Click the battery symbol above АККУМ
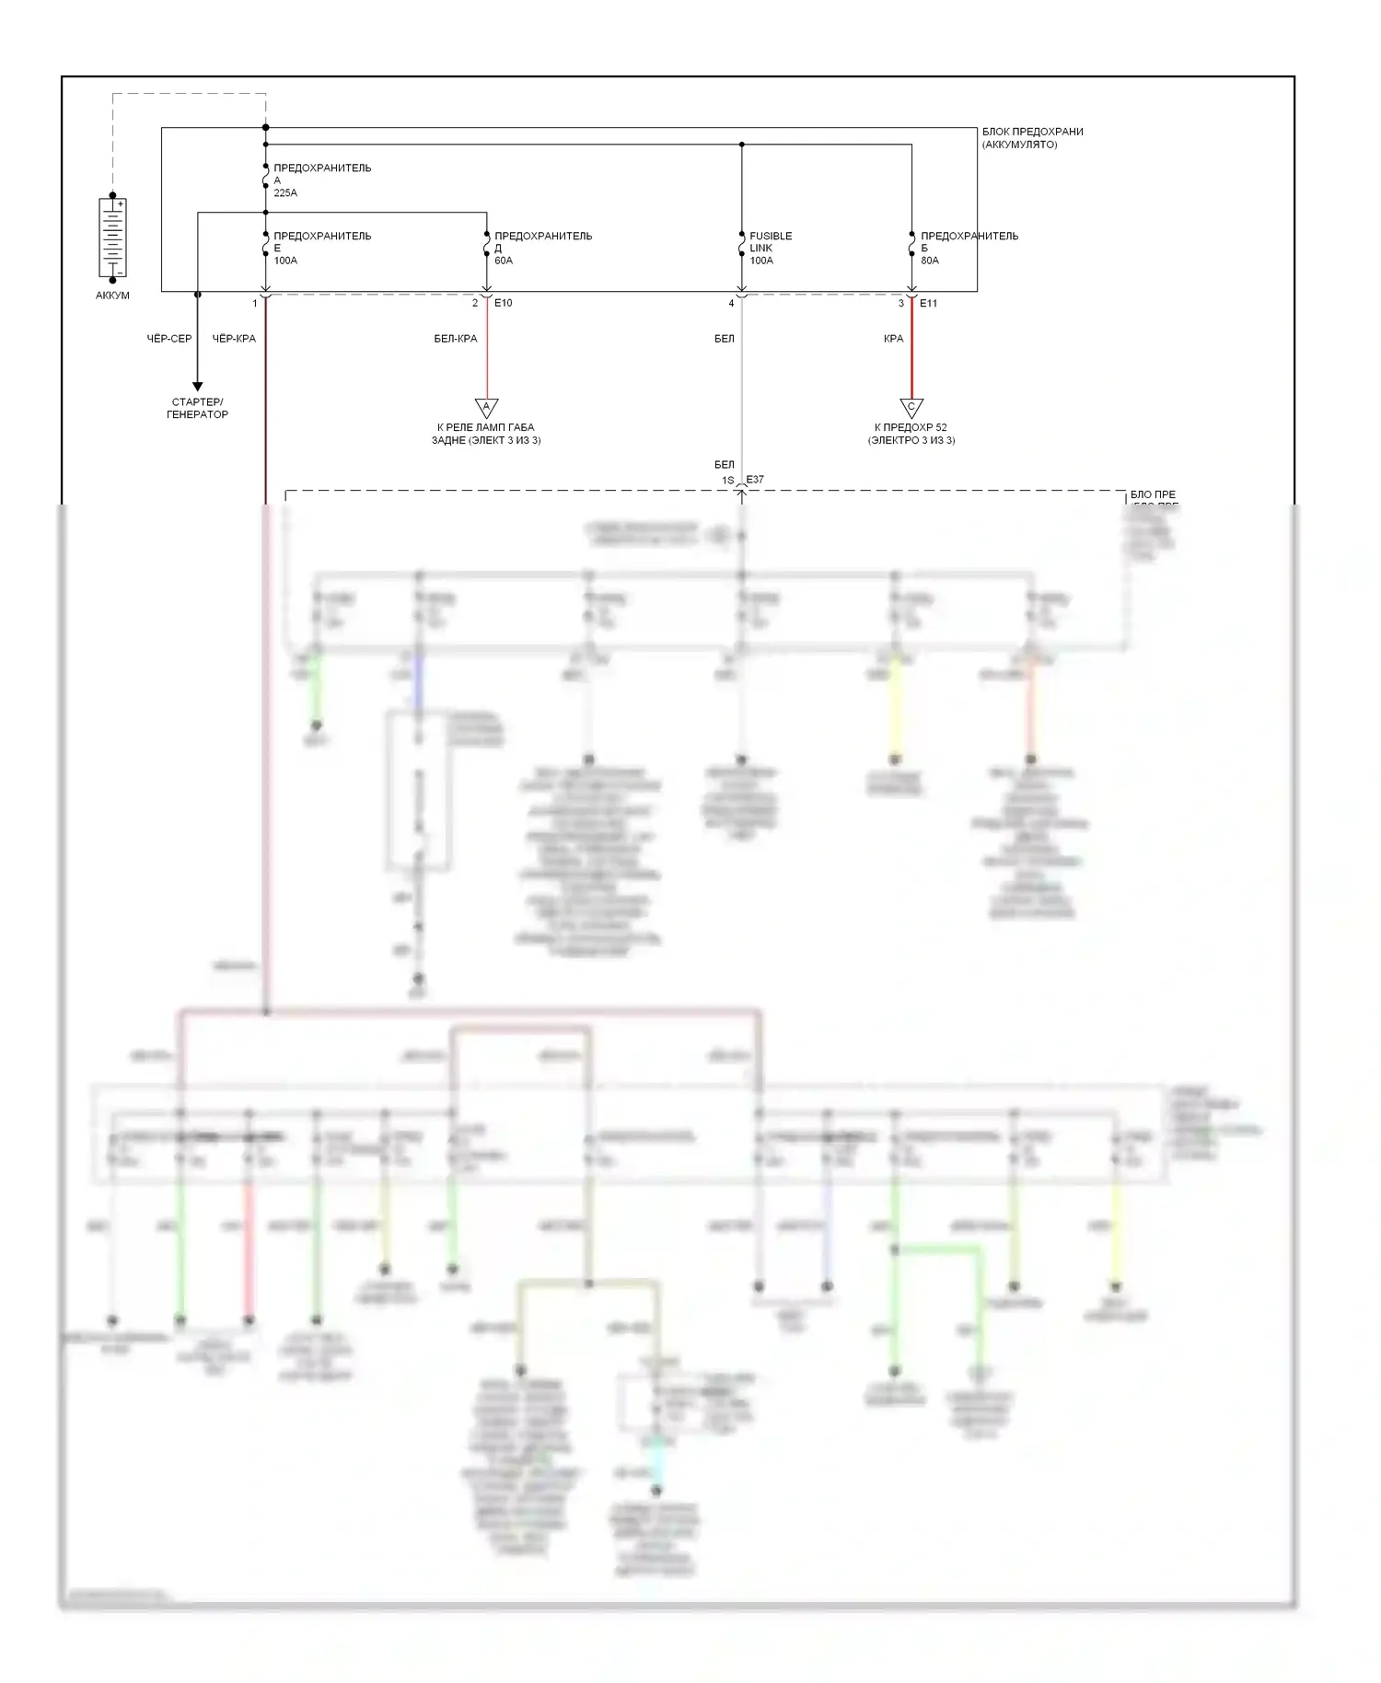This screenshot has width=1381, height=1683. pos(112,238)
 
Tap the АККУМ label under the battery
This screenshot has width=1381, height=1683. pos(112,296)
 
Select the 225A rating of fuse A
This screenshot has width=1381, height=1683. pos(285,193)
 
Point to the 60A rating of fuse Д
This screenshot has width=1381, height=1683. pos(504,261)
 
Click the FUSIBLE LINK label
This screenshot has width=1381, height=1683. pos(771,242)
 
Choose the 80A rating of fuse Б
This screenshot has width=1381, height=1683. pos(930,261)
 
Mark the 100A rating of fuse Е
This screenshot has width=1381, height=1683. pos(285,261)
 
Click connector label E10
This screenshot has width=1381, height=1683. pos(504,303)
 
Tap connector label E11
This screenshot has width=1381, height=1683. pos(928,303)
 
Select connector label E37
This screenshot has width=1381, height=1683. pos(755,480)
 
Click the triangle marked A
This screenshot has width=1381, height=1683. pos(486,407)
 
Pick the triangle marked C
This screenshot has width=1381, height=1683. pos(911,407)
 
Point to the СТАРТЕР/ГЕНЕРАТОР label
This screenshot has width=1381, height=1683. pos(197,408)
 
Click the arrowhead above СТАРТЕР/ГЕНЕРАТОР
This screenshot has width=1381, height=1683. pos(197,387)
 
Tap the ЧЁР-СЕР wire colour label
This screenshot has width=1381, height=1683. pos(169,339)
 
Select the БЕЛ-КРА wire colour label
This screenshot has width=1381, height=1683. pos(456,339)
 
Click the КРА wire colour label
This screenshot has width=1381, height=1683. pos(893,339)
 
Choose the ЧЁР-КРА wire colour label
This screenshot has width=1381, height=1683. pos(234,339)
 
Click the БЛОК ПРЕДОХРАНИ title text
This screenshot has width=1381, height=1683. pos(1032,132)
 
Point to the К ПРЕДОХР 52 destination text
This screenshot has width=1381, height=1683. pos(911,427)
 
